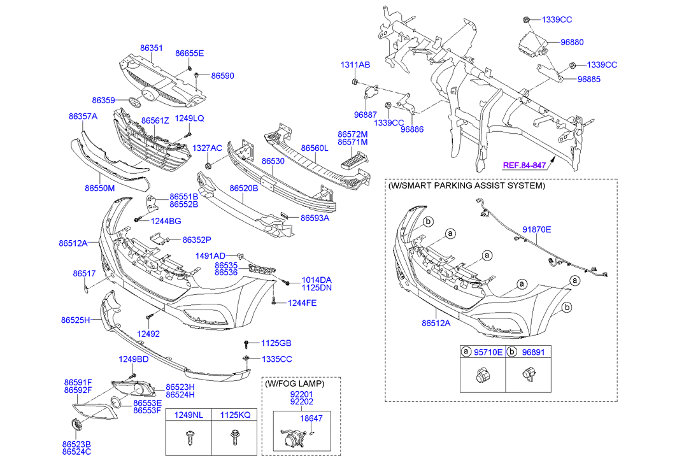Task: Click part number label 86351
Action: pyautogui.click(x=152, y=47)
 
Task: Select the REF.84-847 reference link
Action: pyautogui.click(x=525, y=165)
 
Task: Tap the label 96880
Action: pyautogui.click(x=572, y=42)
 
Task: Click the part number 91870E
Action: pyautogui.click(x=537, y=229)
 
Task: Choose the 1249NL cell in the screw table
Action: pyautogui.click(x=189, y=415)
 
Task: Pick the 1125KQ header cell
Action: pyautogui.click(x=235, y=415)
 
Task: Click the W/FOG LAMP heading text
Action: pyautogui.click(x=294, y=385)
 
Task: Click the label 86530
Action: pyautogui.click(x=273, y=162)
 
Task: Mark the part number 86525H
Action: pyautogui.click(x=75, y=320)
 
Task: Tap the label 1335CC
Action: pyautogui.click(x=276, y=359)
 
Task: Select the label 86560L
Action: pyautogui.click(x=314, y=147)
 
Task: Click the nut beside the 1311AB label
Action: pyautogui.click(x=353, y=81)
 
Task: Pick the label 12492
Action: pyautogui.click(x=148, y=334)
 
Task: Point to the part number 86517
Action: pyautogui.click(x=84, y=273)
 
